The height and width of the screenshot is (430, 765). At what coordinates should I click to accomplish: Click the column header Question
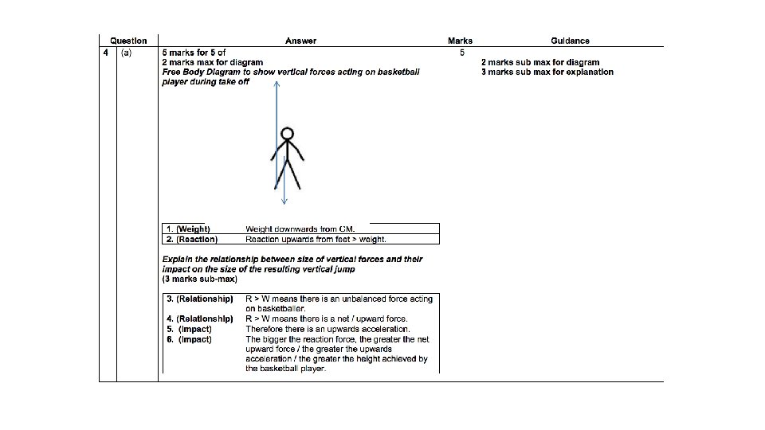(x=128, y=41)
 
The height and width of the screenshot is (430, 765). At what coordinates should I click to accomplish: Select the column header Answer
(x=301, y=41)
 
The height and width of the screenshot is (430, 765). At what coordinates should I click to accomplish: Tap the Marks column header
(x=460, y=41)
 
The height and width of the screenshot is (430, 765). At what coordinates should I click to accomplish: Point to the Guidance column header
(x=570, y=41)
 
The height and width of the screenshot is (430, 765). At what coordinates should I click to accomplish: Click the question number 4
(x=105, y=53)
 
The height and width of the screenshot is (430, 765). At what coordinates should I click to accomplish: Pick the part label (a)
(x=127, y=53)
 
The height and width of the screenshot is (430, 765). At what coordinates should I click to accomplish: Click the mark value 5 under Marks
(x=461, y=53)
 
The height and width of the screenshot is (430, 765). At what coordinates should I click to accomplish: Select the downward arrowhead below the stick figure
(x=284, y=200)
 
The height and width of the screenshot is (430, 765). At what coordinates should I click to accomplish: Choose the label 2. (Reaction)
(x=191, y=239)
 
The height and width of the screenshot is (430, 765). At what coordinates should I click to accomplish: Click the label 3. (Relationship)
(x=199, y=299)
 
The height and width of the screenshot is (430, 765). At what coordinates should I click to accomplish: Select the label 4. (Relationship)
(x=199, y=319)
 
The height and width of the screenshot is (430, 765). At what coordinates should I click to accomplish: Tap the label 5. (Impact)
(x=189, y=329)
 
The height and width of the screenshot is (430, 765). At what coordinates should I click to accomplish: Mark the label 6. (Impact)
(x=189, y=339)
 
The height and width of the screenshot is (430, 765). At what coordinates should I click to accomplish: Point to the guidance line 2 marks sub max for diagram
(x=540, y=62)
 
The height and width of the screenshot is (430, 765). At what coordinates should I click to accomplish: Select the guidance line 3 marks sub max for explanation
(x=547, y=72)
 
